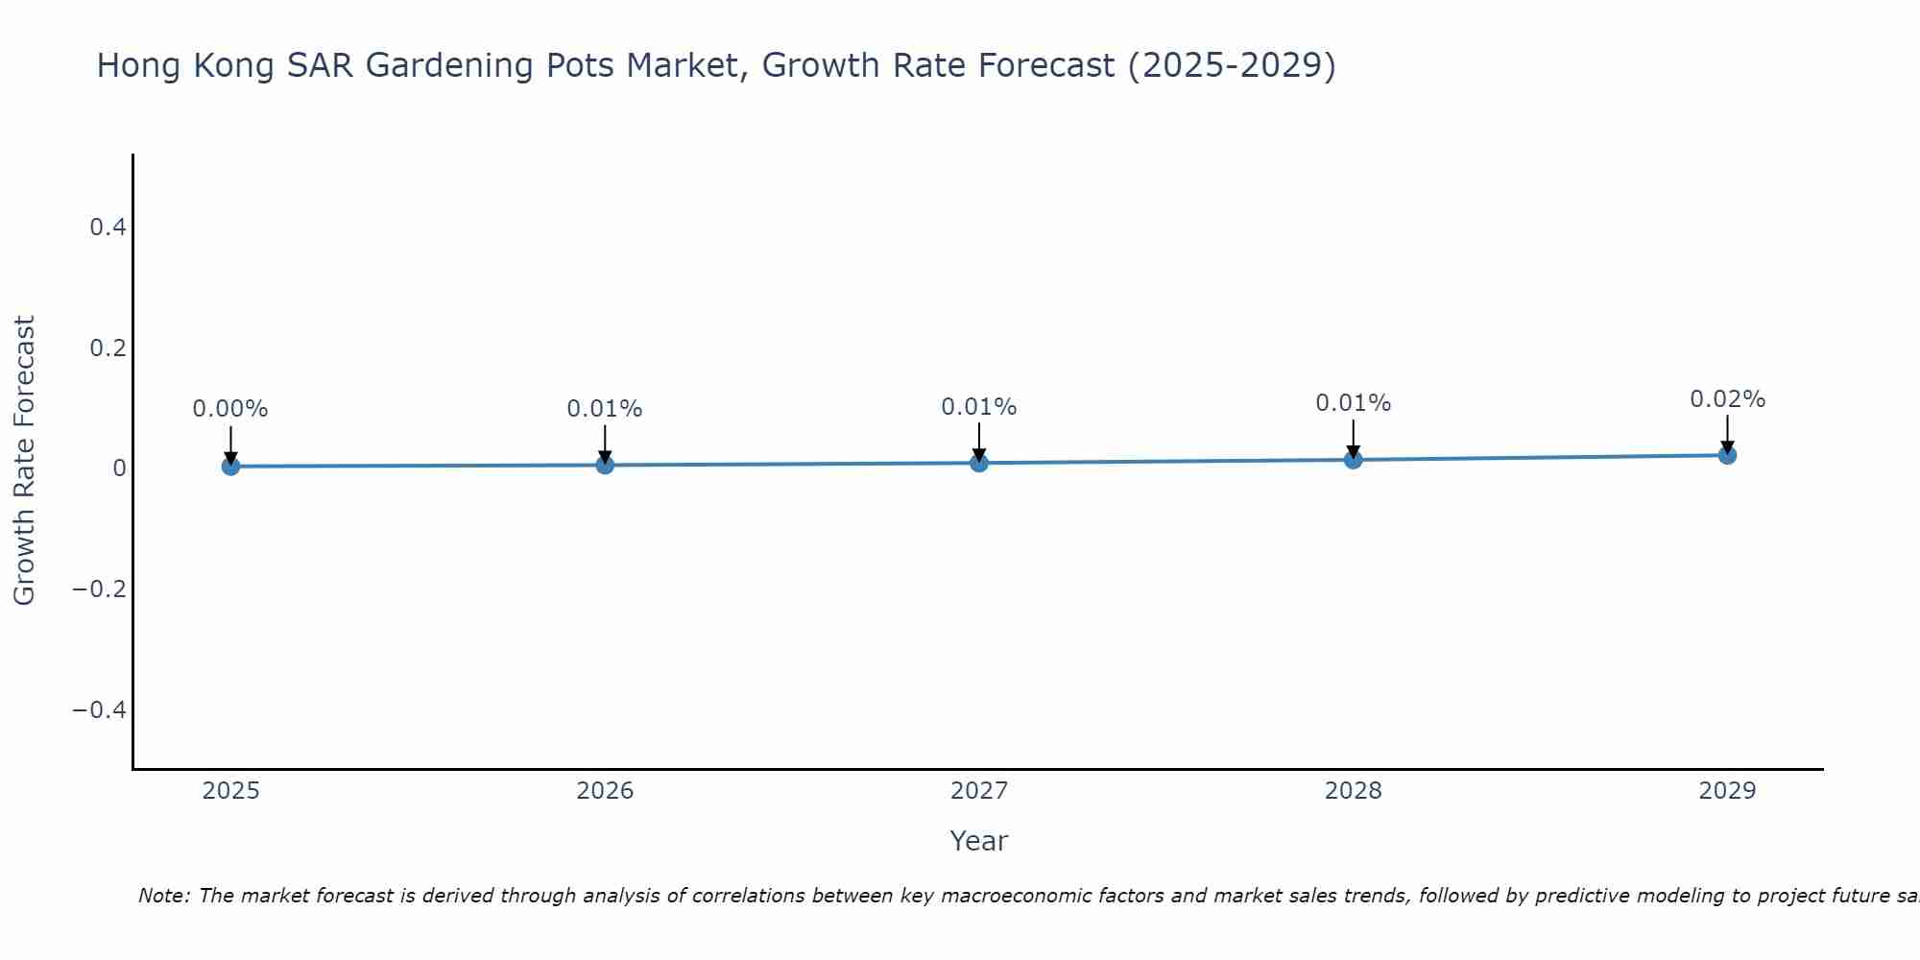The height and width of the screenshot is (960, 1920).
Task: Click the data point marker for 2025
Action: click(x=230, y=467)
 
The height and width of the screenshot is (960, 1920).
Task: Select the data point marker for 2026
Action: click(x=605, y=465)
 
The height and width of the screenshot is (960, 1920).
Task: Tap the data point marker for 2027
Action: click(x=979, y=463)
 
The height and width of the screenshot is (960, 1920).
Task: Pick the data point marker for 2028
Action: click(x=1353, y=460)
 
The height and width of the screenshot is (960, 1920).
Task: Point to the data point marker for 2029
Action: click(x=1727, y=455)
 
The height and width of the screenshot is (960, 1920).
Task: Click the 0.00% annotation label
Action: click(x=230, y=409)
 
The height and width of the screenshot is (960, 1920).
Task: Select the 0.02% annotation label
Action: click(x=1727, y=399)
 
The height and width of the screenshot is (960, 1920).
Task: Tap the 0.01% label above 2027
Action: click(x=979, y=407)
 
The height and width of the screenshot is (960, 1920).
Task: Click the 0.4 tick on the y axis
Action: click(x=108, y=228)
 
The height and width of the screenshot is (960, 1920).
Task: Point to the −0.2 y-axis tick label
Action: click(x=100, y=588)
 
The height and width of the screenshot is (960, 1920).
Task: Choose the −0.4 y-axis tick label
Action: click(x=100, y=709)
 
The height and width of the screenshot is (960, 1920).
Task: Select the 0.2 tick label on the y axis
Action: click(x=108, y=348)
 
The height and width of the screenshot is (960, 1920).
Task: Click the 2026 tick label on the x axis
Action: click(x=605, y=791)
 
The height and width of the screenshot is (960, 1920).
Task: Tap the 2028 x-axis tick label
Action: click(x=1353, y=791)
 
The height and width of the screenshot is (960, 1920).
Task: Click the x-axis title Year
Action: click(x=978, y=841)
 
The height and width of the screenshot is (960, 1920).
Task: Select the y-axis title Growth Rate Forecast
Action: click(x=25, y=461)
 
